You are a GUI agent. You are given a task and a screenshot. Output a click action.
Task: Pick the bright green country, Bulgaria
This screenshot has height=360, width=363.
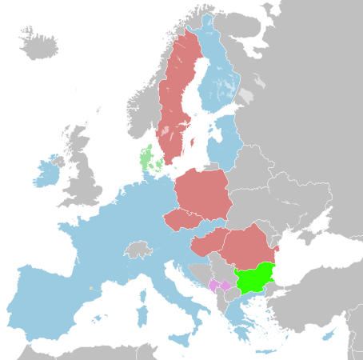(x=254, y=280)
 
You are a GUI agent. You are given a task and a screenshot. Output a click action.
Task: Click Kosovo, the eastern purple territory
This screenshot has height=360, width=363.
(x=225, y=285)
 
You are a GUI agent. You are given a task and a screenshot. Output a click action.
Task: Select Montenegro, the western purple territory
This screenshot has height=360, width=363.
(x=213, y=284)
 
